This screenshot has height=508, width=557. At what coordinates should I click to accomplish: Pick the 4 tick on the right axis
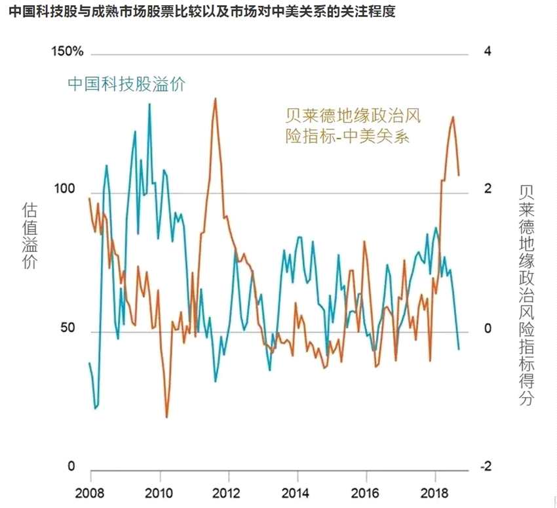[487, 52]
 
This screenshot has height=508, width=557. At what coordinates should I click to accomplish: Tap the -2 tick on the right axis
[485, 467]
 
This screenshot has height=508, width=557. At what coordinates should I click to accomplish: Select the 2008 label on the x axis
[90, 493]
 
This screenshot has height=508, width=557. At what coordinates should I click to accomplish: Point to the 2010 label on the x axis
[159, 493]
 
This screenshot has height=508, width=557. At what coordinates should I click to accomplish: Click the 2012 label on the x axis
[227, 493]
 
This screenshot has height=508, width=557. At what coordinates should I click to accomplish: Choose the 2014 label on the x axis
[296, 493]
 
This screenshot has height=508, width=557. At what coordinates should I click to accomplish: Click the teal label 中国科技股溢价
[126, 84]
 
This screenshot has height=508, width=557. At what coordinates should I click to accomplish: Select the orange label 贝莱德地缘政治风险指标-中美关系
[352, 126]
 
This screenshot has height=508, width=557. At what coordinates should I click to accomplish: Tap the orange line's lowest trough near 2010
[166, 417]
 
